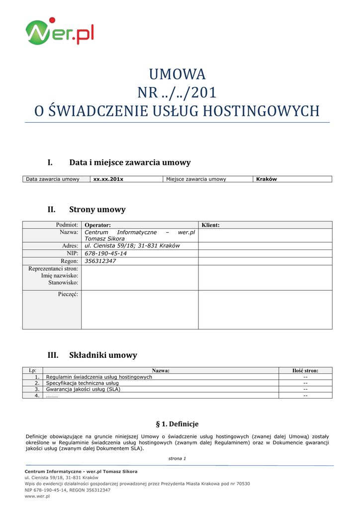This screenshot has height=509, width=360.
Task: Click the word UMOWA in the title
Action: click(x=178, y=74)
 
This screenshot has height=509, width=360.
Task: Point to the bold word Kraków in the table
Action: click(x=266, y=179)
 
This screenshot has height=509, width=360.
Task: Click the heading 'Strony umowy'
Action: click(x=97, y=209)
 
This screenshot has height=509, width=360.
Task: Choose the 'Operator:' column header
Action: click(x=97, y=225)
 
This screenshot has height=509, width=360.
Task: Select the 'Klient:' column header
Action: click(x=210, y=225)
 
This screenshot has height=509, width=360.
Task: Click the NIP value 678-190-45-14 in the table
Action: click(x=105, y=254)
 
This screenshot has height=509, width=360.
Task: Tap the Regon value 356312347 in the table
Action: click(x=100, y=261)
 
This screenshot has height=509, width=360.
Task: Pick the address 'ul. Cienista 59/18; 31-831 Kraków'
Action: click(x=132, y=246)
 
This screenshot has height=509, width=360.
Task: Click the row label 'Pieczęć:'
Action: click(x=68, y=295)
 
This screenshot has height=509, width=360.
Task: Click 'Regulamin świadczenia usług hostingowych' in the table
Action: click(x=99, y=377)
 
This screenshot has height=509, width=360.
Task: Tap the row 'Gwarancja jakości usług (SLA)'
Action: click(x=83, y=389)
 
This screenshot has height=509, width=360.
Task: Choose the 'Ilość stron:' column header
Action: click(x=305, y=370)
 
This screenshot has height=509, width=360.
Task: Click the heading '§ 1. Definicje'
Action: click(x=177, y=424)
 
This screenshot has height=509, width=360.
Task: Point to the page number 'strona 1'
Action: click(x=177, y=458)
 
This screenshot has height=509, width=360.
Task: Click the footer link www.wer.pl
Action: click(x=37, y=496)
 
